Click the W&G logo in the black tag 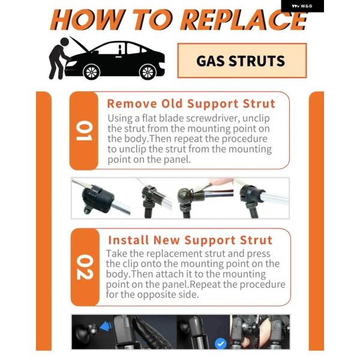(302, 6)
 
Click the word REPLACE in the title (244, 20)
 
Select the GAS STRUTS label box (242, 61)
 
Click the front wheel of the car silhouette (91, 72)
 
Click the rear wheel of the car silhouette (148, 72)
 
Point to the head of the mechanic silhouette (64, 41)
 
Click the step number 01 (84, 131)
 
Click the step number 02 (85, 267)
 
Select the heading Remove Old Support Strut (191, 104)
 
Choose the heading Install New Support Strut (190, 240)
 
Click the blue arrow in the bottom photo (106, 326)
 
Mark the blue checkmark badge (220, 344)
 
